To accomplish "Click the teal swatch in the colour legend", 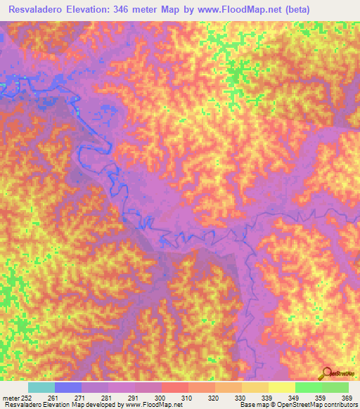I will coord(41,387).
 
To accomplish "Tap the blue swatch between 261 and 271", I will coord(67,387).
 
